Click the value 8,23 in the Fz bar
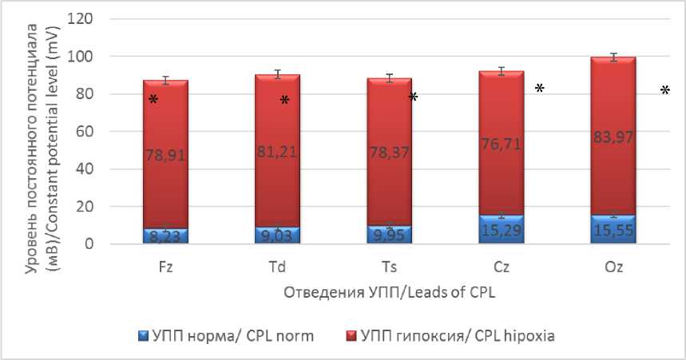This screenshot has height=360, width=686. [166, 235]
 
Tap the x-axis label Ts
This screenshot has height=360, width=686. [389, 267]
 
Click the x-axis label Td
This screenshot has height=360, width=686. [277, 267]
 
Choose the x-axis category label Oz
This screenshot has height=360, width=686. [613, 267]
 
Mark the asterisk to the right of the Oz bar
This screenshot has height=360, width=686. [664, 92]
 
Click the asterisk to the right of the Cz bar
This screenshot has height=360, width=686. [540, 89]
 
